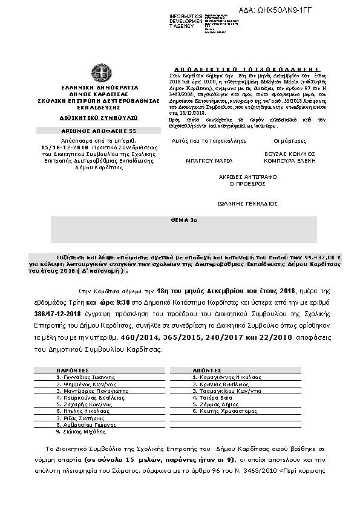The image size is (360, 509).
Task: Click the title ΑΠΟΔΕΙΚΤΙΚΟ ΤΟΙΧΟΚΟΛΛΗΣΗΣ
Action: (x=254, y=69)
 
